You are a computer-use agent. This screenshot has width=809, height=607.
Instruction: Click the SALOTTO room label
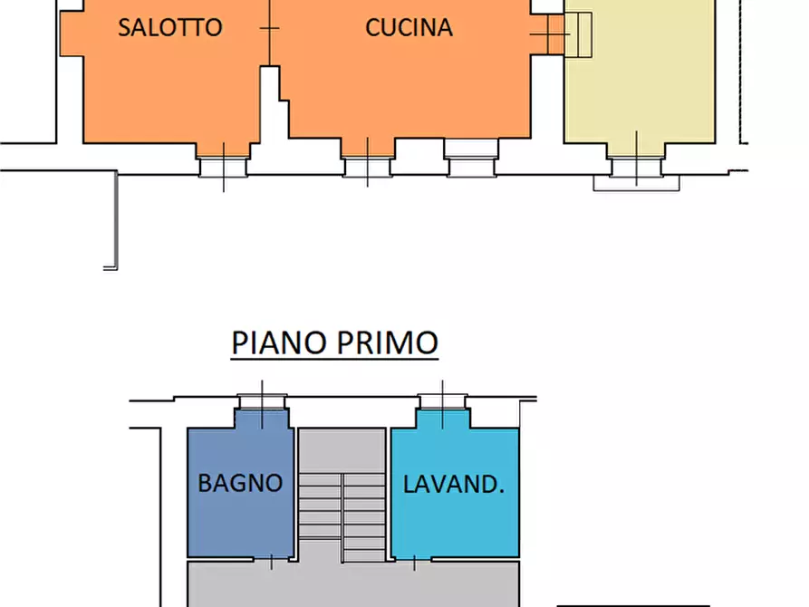pos(169,27)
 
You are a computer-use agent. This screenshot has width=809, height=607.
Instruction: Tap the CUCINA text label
pos(409,27)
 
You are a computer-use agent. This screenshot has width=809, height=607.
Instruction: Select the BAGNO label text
pos(240,483)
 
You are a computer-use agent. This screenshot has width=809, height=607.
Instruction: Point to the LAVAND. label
pos(453,484)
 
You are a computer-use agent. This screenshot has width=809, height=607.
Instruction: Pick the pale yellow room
pos(639,91)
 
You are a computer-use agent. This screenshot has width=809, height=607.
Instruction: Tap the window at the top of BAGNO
pos(263,404)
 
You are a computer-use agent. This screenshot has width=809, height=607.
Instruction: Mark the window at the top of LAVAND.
pos(442,404)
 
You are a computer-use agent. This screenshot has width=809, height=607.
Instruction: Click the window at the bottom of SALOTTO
pos(224,165)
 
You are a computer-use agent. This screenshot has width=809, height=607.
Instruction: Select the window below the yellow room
pos(636,168)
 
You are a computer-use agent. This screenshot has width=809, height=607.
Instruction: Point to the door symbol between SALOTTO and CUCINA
pos(269,28)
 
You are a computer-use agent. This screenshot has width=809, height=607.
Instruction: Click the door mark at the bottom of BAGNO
pos(272,562)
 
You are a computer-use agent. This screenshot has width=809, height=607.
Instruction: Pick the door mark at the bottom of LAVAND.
pos(414,562)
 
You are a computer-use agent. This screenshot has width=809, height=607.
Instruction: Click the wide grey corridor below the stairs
pos(353,584)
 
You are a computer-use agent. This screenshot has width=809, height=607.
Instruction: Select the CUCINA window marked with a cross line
pos(367,165)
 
